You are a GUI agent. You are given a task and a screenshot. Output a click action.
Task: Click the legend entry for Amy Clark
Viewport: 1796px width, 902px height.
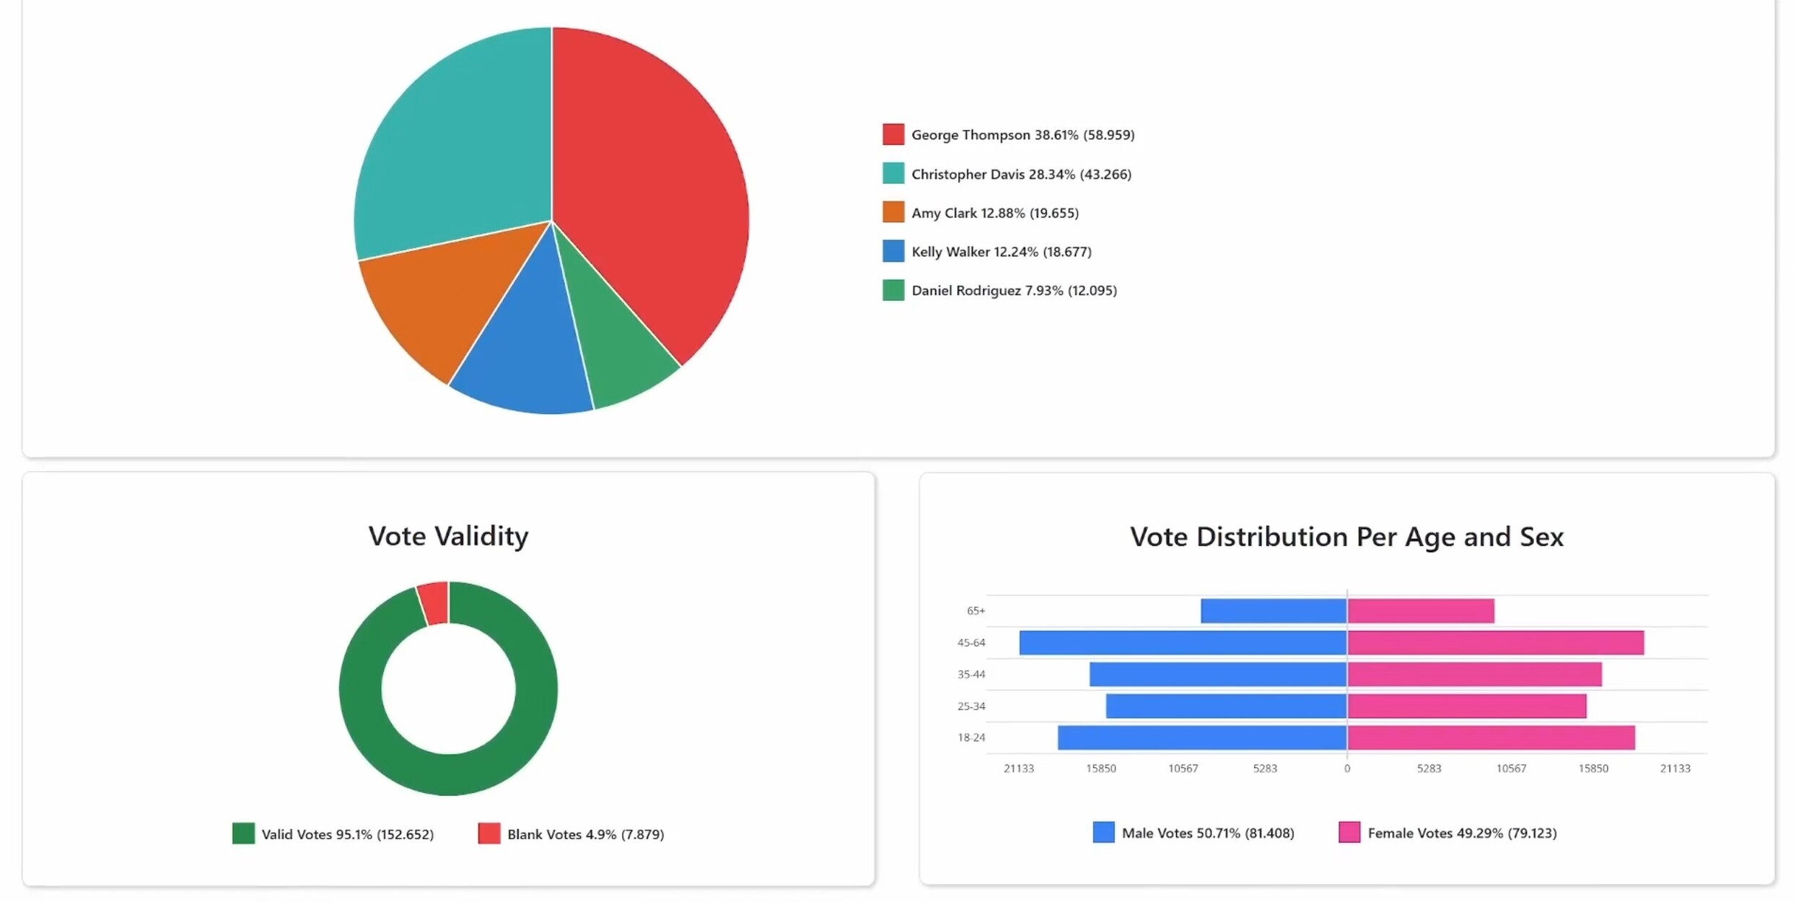(994, 213)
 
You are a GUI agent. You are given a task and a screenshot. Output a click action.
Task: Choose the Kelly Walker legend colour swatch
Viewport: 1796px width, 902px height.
(893, 251)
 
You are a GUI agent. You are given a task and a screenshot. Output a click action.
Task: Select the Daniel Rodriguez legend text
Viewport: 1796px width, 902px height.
(1014, 290)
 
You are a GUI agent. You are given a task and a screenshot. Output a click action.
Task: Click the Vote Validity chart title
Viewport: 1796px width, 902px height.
(448, 536)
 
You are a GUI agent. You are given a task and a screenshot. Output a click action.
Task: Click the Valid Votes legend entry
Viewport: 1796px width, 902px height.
(347, 834)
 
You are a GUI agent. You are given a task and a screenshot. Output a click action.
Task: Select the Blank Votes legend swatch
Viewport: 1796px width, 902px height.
(489, 833)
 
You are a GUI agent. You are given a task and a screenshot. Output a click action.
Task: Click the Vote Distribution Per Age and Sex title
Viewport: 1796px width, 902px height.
(1346, 537)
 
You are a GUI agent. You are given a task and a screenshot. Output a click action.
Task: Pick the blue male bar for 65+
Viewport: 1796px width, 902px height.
(1274, 611)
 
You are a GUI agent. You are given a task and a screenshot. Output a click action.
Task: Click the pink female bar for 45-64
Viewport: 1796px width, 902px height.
(1495, 643)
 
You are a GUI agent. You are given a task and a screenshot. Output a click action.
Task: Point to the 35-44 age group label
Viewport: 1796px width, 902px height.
(971, 675)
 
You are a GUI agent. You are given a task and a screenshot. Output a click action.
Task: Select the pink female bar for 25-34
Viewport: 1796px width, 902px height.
(1466, 706)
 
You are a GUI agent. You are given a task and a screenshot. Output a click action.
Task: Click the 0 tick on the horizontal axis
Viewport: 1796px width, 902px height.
(1347, 769)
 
